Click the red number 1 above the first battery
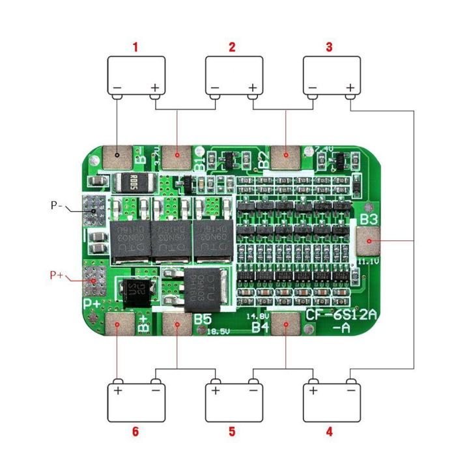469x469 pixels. [135, 47]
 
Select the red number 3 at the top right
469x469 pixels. [329, 47]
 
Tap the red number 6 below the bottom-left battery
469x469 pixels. [135, 431]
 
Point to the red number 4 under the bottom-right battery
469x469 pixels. [329, 431]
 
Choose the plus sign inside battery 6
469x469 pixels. [118, 391]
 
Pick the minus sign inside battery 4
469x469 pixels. [350, 391]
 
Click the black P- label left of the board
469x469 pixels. [57, 205]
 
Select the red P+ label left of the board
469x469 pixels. [57, 276]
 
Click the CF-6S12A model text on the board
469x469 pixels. [343, 317]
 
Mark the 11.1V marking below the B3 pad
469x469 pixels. [366, 262]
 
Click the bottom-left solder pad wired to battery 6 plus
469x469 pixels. [117, 322]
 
